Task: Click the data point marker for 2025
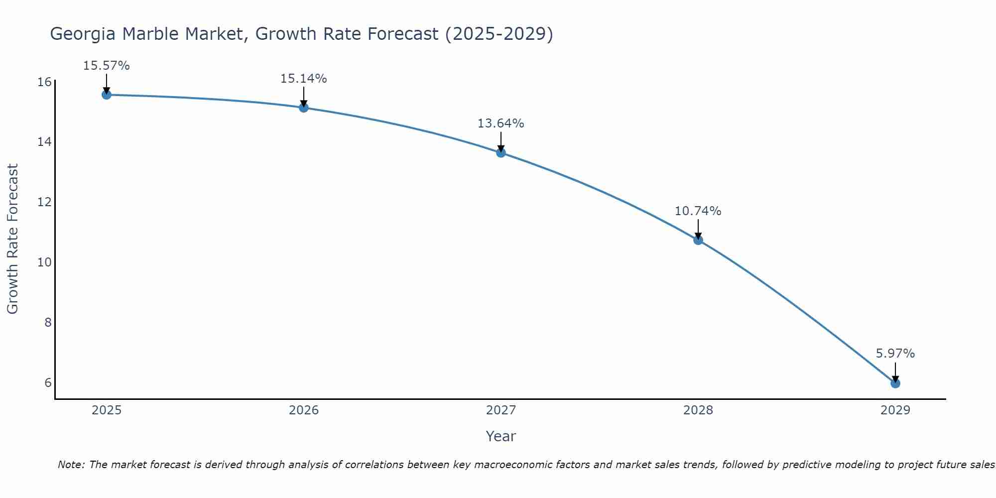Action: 107,95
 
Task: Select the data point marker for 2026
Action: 304,108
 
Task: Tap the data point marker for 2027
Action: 501,152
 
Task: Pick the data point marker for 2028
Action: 698,240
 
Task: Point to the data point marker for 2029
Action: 895,383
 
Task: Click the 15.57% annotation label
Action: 106,66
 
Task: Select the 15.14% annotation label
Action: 303,79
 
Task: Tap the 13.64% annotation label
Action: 500,124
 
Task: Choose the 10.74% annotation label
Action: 698,211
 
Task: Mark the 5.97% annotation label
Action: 895,354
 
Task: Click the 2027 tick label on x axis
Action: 501,410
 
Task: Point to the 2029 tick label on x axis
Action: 895,410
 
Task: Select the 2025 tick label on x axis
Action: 107,410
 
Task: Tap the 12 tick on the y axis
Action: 45,202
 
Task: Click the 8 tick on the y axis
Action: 48,323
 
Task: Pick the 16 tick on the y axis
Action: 45,82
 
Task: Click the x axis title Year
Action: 500,436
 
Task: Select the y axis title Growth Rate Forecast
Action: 13,239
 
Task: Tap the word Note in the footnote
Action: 71,465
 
